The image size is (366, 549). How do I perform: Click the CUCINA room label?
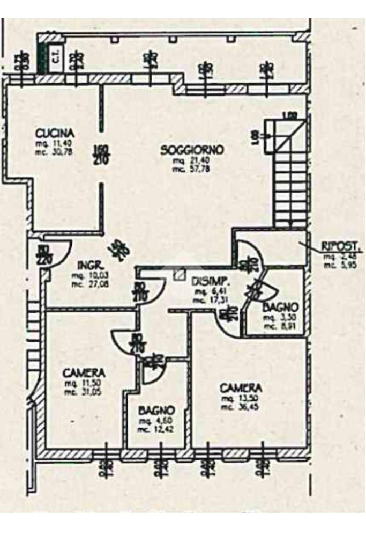(x=54, y=133)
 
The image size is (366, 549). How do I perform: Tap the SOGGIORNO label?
(x=191, y=150)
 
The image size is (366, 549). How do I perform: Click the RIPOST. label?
(x=335, y=247)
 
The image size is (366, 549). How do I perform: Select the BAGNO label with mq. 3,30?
(x=280, y=308)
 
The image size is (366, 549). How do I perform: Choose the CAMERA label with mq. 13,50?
(x=241, y=387)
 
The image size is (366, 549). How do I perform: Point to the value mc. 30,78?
(x=55, y=152)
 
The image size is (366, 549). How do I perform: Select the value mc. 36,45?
(x=241, y=407)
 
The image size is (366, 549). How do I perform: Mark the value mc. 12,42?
(x=156, y=429)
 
